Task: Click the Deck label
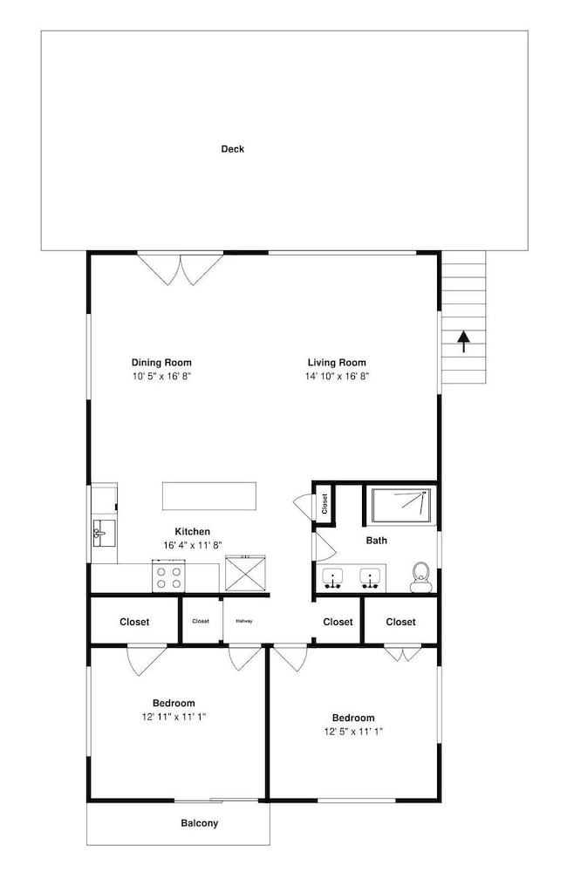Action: pos(233,149)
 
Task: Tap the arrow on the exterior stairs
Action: pos(463,342)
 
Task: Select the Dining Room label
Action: pos(161,363)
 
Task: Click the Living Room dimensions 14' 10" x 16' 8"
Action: pos(337,376)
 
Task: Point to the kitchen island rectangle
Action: pos(209,496)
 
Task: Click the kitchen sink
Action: pos(104,534)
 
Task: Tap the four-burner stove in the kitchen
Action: pos(169,576)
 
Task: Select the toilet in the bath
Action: pos(421,576)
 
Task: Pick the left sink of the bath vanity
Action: pos(332,578)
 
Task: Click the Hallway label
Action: pos(244,621)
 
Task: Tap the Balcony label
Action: pos(200,823)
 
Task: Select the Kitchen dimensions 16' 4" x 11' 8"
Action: pos(193,545)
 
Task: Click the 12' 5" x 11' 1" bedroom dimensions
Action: pos(354,732)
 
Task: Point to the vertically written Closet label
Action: pos(325,504)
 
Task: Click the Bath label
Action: pos(377,540)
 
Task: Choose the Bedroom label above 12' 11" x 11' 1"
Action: pos(174,703)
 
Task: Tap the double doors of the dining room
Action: pos(181,269)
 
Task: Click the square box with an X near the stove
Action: pos(245,573)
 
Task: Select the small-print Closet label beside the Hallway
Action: pos(201,621)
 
